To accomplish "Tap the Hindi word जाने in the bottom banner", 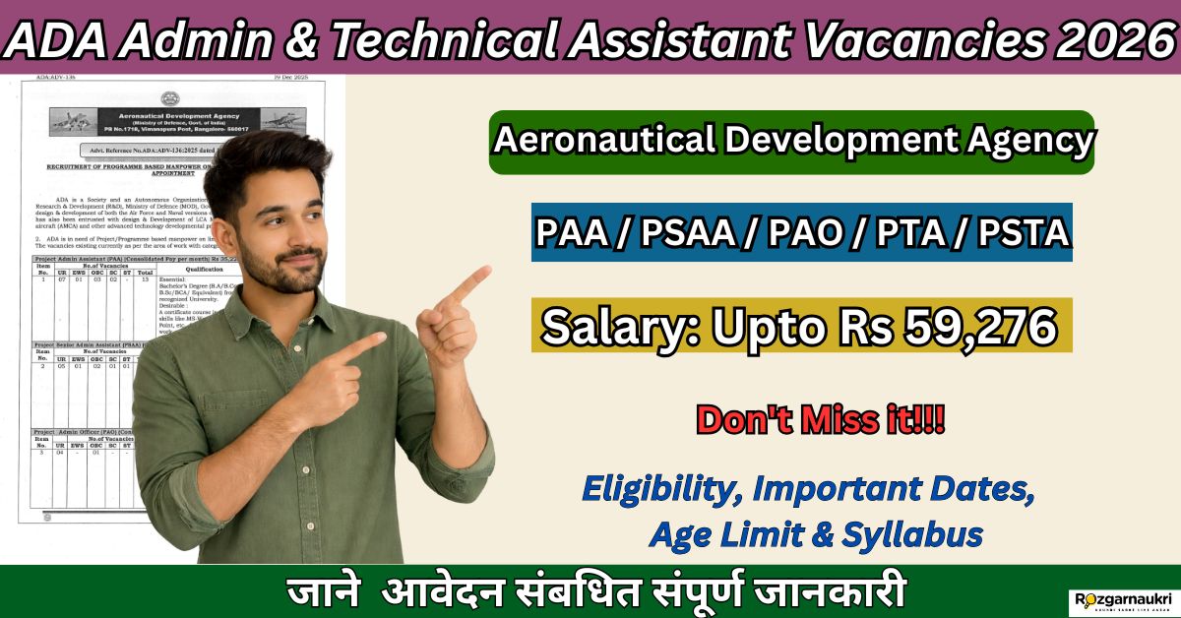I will click(327, 593).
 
